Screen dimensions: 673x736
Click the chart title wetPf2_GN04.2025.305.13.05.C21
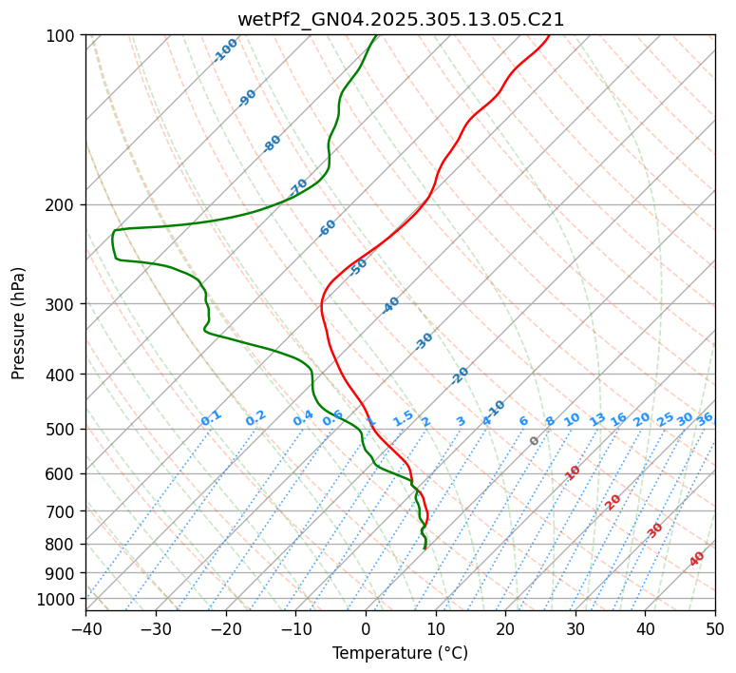400,20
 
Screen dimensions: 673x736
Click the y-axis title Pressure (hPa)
19,322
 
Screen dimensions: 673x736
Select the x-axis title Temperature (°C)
400,653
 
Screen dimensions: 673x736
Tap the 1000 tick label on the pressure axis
56,600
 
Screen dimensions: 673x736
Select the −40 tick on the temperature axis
85,629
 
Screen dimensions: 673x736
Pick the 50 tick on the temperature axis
715,629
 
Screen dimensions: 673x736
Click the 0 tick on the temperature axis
366,629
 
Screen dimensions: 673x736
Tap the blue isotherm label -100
226,49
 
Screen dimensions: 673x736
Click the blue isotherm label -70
298,186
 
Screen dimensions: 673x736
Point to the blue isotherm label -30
424,341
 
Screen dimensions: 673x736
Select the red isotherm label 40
697,559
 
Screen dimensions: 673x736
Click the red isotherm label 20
613,501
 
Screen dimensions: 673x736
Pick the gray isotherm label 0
535,441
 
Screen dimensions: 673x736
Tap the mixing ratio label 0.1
211,418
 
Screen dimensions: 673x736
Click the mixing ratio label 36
705,418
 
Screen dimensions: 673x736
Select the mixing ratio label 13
597,419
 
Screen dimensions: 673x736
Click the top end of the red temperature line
549,35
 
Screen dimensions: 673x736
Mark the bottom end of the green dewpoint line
425,548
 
